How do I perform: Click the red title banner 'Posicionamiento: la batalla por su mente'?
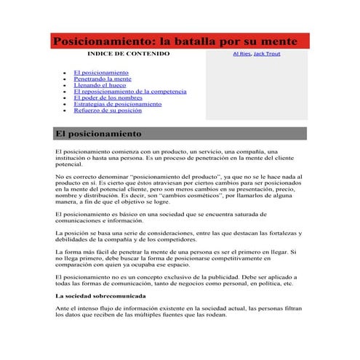pyautogui.click(x=180, y=41)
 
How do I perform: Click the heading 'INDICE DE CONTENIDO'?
pyautogui.click(x=128, y=54)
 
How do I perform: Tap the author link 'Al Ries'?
pyautogui.click(x=241, y=54)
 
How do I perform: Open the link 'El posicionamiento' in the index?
pyautogui.click(x=101, y=73)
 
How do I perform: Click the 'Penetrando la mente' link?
pyautogui.click(x=103, y=79)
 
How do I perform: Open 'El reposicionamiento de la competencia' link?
pyautogui.click(x=129, y=92)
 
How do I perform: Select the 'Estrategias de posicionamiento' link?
pyautogui.click(x=117, y=104)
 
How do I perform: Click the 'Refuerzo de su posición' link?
pyautogui.click(x=108, y=111)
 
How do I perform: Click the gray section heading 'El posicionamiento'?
pyautogui.click(x=180, y=134)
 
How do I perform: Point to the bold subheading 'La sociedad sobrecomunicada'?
pyautogui.click(x=100, y=296)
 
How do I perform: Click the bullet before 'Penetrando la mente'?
pyautogui.click(x=65, y=80)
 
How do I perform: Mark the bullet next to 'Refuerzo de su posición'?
pyautogui.click(x=65, y=111)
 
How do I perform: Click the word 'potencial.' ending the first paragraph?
pyautogui.click(x=69, y=164)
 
